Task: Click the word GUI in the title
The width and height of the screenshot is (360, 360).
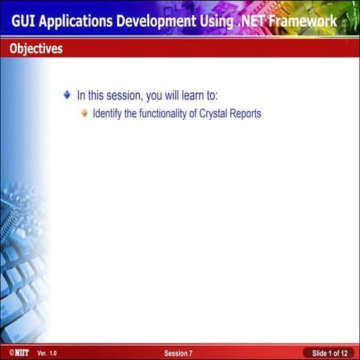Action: coord(24,21)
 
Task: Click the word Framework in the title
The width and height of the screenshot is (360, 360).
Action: coord(310,21)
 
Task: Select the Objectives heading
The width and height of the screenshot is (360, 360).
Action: coord(36,49)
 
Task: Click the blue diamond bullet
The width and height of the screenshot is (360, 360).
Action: coord(67,95)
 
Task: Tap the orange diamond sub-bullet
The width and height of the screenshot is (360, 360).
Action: coord(84,114)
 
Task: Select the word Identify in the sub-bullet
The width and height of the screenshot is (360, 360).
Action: coord(107,114)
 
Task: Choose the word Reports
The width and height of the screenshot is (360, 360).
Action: coord(245,114)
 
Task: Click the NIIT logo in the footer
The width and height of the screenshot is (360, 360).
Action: coord(19,352)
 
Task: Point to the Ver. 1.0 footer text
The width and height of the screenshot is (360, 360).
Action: coord(46,352)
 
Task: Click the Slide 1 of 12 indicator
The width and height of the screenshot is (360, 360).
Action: coord(328,352)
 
